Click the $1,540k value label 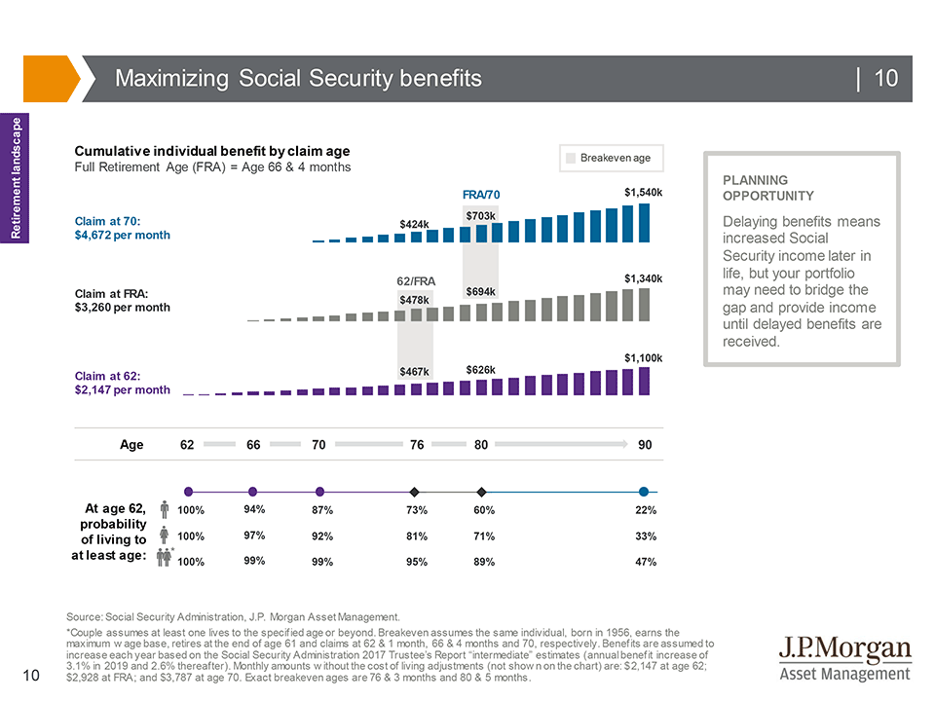coord(644,193)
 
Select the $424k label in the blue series coord(414,224)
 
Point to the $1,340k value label coord(644,278)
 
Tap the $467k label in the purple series coord(414,372)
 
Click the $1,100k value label coord(644,357)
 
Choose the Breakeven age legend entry coord(613,158)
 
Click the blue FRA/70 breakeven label coord(481,195)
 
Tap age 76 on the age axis coord(417,445)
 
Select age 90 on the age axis coord(645,445)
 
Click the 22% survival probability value coord(645,510)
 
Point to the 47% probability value coord(645,562)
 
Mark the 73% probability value coord(416,510)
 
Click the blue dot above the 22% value coord(644,492)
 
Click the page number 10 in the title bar coord(885,79)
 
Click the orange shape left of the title coord(50,79)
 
